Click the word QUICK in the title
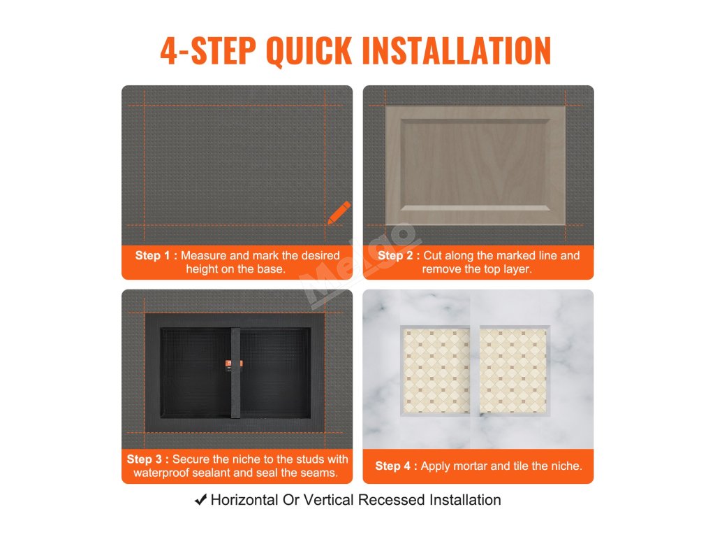pyautogui.click(x=309, y=50)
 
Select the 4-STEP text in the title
pyautogui.click(x=208, y=50)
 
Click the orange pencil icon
pyautogui.click(x=339, y=213)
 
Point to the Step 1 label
pyautogui.click(x=153, y=255)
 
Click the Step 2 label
pyautogui.click(x=395, y=255)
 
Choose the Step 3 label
pyautogui.click(x=145, y=459)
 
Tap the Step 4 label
pyautogui.click(x=393, y=466)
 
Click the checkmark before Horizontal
pyautogui.click(x=200, y=499)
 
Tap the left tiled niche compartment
pyautogui.click(x=436, y=371)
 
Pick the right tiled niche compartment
pyautogui.click(x=515, y=371)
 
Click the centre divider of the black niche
pyautogui.click(x=235, y=373)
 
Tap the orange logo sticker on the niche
pyautogui.click(x=234, y=364)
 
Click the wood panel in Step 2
pyautogui.click(x=476, y=165)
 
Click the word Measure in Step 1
pyautogui.click(x=203, y=255)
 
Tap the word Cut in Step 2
pyautogui.click(x=432, y=255)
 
